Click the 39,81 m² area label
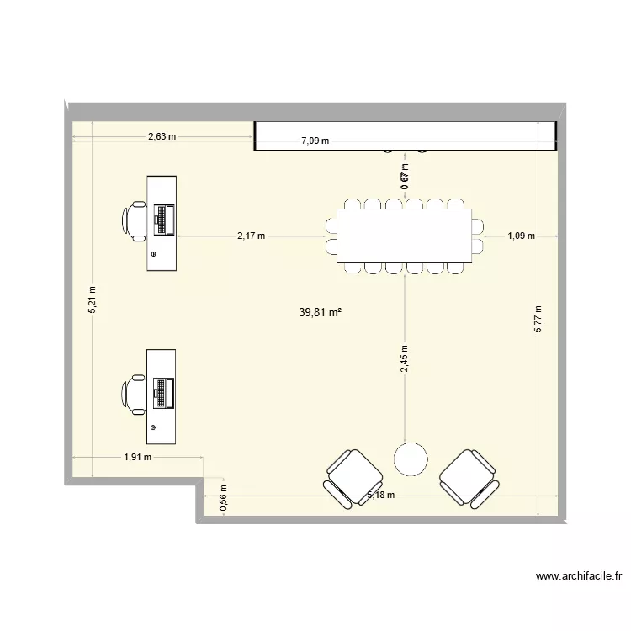click(320, 312)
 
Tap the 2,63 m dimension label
click(162, 136)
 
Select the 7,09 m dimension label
click(315, 142)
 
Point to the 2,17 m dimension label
click(251, 236)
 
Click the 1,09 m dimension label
click(521, 236)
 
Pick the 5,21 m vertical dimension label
click(93, 300)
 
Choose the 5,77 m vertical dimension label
click(539, 319)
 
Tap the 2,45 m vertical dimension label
click(406, 359)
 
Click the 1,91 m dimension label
click(138, 458)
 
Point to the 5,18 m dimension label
click(381, 496)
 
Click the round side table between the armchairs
click(411, 459)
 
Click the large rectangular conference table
click(405, 235)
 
